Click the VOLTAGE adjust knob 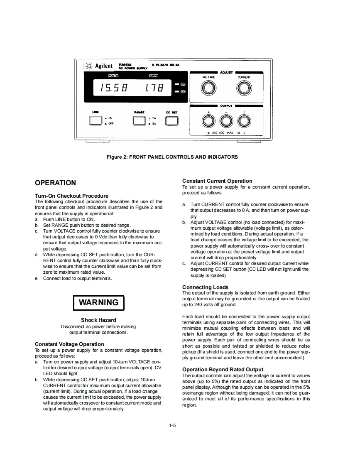tap(209, 88)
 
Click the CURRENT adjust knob tap(244, 88)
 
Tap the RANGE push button tap(139, 120)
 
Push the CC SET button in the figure tap(171, 120)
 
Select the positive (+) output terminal tap(209, 121)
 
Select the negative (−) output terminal tap(226, 121)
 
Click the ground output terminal tap(244, 121)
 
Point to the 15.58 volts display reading tap(113, 88)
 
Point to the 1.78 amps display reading tap(154, 88)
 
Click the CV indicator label tap(182, 83)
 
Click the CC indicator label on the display tap(182, 91)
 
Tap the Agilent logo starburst tap(89, 66)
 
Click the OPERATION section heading tap(55, 183)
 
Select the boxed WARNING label tap(98, 302)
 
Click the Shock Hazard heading tap(98, 320)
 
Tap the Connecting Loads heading tap(205, 287)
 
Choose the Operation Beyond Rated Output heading tap(223, 369)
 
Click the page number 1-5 tap(173, 425)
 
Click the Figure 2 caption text tap(172, 157)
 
